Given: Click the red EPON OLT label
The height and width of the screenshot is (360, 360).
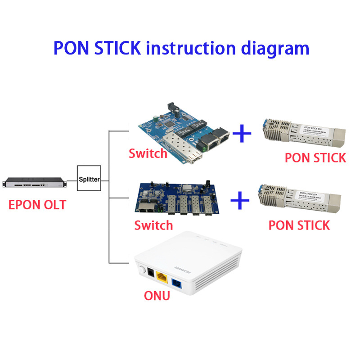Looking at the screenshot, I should (37, 205).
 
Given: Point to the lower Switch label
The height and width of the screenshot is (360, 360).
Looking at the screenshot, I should (153, 225).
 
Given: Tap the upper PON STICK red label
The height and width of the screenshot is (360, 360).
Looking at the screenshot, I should (315, 157).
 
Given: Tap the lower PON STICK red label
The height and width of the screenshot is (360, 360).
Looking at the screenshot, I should (299, 225).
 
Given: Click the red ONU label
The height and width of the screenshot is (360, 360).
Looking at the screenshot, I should (157, 296).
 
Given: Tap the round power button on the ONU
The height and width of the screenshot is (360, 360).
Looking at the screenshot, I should (144, 271).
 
